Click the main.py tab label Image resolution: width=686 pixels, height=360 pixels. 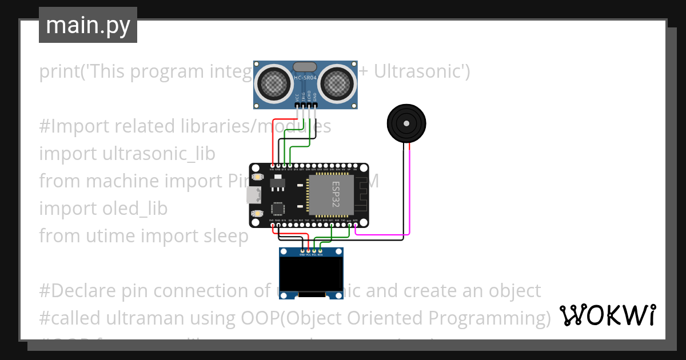(87, 25)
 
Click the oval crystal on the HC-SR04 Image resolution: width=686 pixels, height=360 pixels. (306, 66)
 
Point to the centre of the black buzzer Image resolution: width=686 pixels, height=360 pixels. (406, 123)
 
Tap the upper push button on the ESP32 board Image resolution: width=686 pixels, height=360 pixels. (257, 178)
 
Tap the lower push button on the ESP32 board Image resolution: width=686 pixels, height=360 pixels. (257, 213)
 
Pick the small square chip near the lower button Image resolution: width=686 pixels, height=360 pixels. (278, 209)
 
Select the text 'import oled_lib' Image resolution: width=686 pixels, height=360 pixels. (103, 209)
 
